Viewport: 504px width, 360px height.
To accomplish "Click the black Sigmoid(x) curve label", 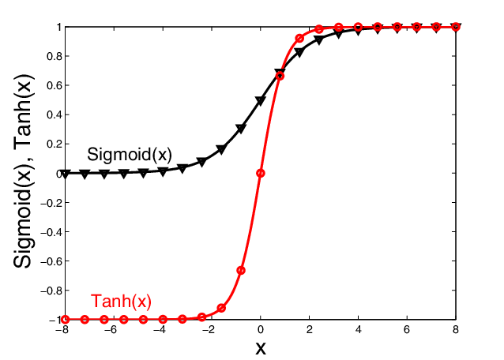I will (130, 153).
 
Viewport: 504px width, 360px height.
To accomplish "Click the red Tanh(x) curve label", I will (121, 301).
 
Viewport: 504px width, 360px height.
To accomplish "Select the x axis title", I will (260, 347).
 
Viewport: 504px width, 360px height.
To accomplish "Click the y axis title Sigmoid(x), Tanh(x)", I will (26, 172).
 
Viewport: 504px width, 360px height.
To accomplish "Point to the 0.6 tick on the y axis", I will (52, 85).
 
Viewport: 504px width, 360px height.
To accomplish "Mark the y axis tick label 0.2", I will (52, 144).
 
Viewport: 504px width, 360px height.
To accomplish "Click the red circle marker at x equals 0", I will (261, 173).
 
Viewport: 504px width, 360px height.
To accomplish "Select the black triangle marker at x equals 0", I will (261, 101).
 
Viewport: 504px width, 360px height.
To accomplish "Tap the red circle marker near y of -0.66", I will (241, 270).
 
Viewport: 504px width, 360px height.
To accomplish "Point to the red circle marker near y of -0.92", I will (221, 308).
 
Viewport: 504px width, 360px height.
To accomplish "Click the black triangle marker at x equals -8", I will (65, 174).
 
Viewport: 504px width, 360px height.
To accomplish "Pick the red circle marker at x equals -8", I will (65, 320).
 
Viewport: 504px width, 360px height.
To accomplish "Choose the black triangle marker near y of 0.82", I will (299, 53).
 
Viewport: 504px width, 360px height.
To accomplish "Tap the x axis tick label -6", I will (111, 330).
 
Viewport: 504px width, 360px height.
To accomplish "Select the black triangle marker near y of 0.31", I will (241, 128).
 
